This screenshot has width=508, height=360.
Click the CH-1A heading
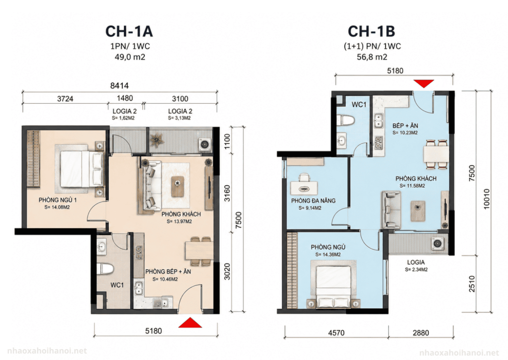[x=129, y=31]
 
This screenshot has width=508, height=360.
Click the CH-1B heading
[x=371, y=31]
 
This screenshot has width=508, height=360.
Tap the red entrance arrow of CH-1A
[x=190, y=323]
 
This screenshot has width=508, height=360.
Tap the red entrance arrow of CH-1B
[x=424, y=83]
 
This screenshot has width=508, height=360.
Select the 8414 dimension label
[x=119, y=85]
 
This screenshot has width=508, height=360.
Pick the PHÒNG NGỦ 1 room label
[x=58, y=200]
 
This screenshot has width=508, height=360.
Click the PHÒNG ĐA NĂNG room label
[x=314, y=201]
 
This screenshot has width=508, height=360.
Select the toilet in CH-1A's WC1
[x=105, y=269]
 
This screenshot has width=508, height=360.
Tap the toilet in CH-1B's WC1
[x=346, y=120]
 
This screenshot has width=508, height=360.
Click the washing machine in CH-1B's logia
[x=438, y=243]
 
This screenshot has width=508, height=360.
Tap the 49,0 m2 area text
[x=129, y=57]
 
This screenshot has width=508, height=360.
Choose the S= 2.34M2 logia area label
[x=416, y=270]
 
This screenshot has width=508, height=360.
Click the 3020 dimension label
[x=227, y=272]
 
